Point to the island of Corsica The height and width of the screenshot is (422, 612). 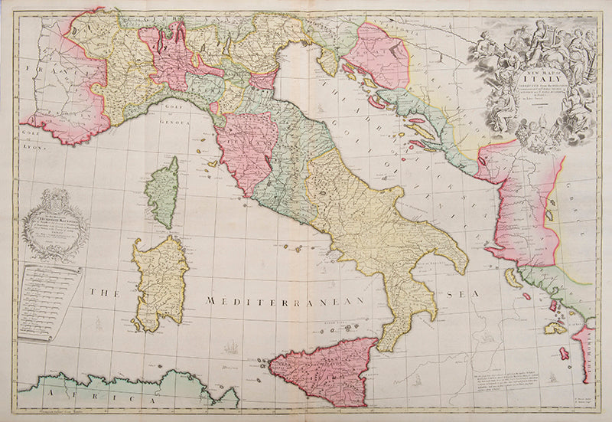coord(164,193)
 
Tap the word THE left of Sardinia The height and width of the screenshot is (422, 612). coord(102,292)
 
